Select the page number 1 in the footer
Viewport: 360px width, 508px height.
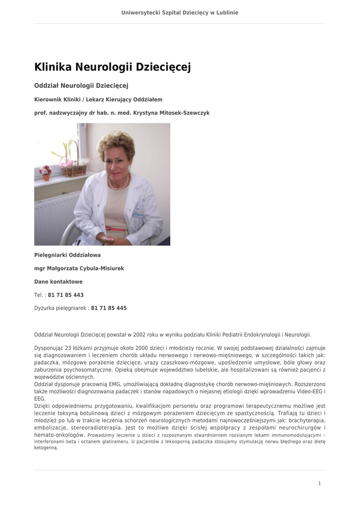[319, 483]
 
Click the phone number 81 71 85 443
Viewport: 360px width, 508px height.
[66, 295]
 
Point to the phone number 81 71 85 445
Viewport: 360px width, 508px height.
[109, 308]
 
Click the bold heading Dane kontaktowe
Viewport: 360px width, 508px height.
[59, 282]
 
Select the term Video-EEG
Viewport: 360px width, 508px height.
[307, 392]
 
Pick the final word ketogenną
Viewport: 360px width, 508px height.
[46, 447]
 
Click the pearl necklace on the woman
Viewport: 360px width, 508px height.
[119, 184]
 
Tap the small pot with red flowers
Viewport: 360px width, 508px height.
[45, 173]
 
